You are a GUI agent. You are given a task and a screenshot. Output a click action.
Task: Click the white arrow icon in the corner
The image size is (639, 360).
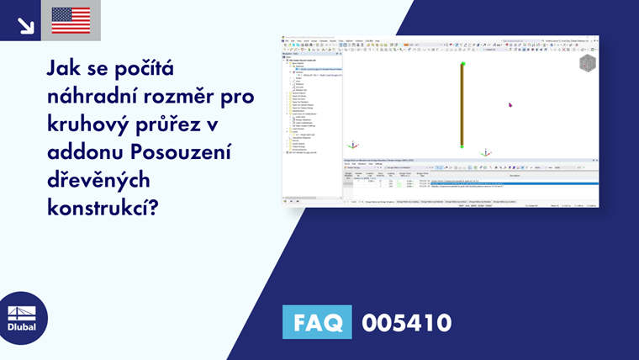(x=25, y=25)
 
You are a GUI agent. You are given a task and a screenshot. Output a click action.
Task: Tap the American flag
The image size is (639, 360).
(x=71, y=21)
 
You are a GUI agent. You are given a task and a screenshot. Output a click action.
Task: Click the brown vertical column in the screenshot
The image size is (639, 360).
(x=462, y=105)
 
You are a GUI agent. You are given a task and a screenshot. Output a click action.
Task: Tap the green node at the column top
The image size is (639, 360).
(x=462, y=64)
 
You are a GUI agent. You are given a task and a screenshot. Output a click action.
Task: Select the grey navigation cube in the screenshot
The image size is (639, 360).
(x=587, y=63)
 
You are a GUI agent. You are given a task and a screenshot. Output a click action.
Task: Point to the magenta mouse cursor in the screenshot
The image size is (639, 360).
(x=510, y=105)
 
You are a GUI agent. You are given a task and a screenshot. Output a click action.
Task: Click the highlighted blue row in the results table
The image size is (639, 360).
(x=513, y=183)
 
